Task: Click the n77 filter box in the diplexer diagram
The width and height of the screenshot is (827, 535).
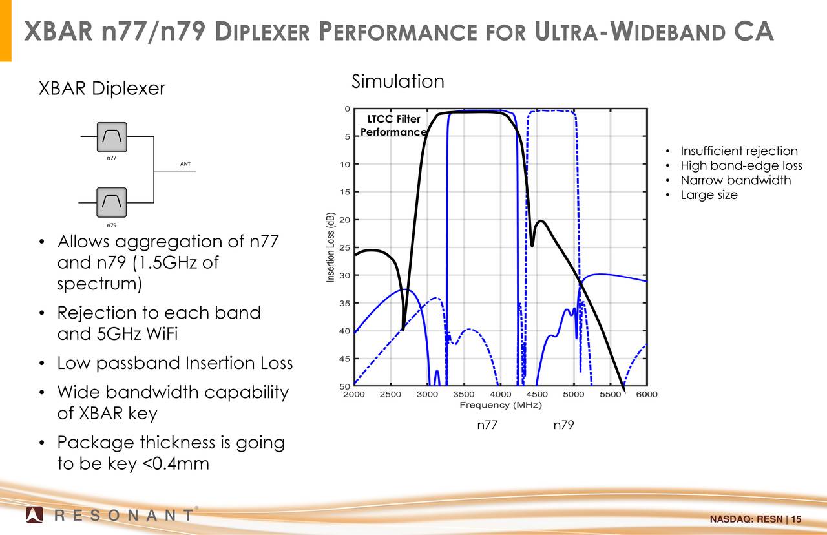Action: (112, 136)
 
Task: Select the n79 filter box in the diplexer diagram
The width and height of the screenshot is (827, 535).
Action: (112, 203)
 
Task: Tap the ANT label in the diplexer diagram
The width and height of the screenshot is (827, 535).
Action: (185, 164)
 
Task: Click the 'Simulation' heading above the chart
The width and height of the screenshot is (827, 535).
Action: (397, 81)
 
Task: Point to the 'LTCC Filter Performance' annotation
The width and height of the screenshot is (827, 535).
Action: (393, 125)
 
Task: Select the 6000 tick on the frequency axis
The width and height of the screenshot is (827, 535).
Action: (647, 394)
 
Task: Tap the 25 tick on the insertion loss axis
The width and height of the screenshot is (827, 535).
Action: (346, 247)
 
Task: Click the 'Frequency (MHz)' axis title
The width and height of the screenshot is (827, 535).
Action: (500, 405)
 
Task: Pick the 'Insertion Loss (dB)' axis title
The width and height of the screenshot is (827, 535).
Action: (330, 247)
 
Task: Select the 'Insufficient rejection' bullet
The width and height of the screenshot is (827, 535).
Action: (738, 151)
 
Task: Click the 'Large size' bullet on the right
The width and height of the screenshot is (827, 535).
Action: (709, 195)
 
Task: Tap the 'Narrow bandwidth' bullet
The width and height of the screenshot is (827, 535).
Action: (735, 180)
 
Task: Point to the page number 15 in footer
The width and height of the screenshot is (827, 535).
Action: (795, 520)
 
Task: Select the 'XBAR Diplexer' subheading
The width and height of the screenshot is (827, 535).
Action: (102, 88)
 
